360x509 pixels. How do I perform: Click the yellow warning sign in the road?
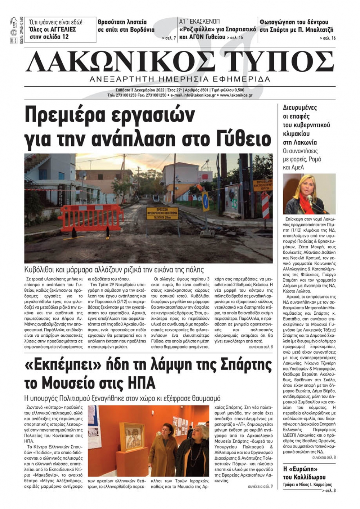click(x=162, y=213)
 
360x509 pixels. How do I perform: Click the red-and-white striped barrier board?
click(x=265, y=205)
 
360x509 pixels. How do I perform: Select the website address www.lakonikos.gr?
click(x=236, y=95)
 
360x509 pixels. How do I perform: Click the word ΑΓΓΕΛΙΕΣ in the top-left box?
click(x=60, y=29)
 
